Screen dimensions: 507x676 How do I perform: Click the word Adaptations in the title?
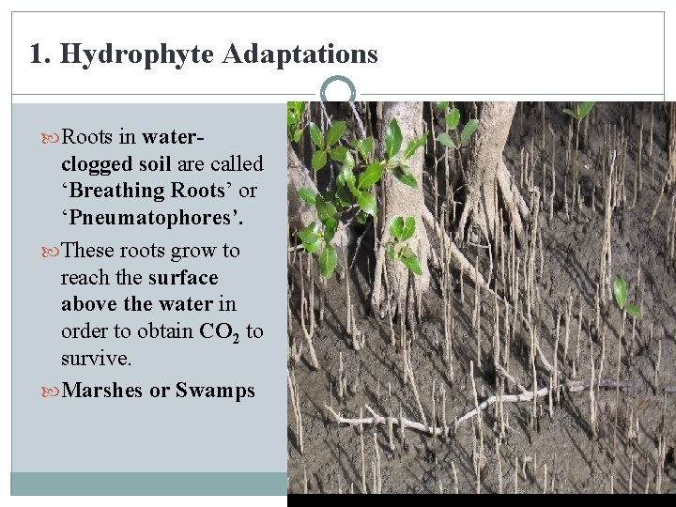300,54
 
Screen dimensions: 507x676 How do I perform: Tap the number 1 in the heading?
36,54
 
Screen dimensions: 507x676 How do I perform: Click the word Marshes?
101,391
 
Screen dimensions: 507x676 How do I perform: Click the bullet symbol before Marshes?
52,391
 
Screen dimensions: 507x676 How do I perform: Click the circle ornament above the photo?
337,92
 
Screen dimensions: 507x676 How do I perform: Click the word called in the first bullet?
237,164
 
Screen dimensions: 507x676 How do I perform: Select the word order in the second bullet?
87,331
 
